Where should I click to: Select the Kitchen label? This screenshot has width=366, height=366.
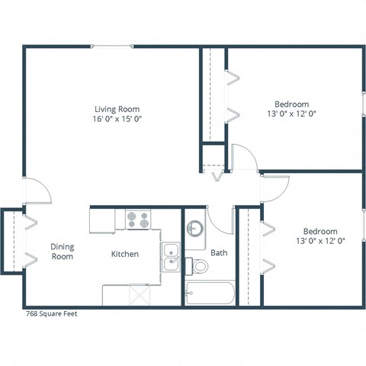click(125, 254)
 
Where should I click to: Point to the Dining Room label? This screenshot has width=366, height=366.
click(62, 251)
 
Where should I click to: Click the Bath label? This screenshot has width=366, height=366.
click(219, 252)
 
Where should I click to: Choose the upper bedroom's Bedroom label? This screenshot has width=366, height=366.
click(291, 104)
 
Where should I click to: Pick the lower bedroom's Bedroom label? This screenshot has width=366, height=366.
click(320, 231)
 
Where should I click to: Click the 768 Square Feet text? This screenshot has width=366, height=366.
click(50, 313)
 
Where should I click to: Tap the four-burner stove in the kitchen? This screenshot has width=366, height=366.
click(138, 220)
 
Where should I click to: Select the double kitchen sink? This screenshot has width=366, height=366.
click(170, 256)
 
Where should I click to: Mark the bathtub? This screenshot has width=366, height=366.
click(210, 294)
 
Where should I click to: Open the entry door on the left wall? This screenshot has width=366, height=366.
click(38, 192)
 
